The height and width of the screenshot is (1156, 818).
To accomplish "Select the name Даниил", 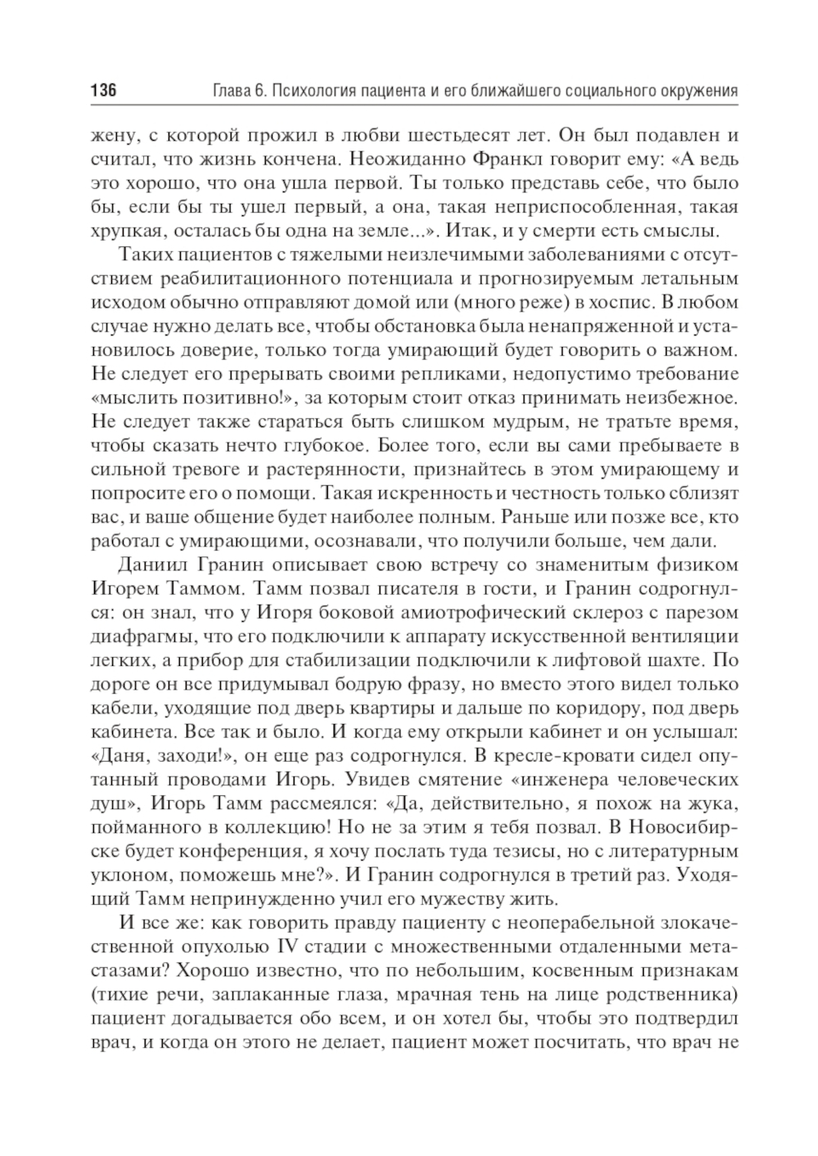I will coord(153,564).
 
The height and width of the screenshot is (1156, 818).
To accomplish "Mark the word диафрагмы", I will coord(138,636).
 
